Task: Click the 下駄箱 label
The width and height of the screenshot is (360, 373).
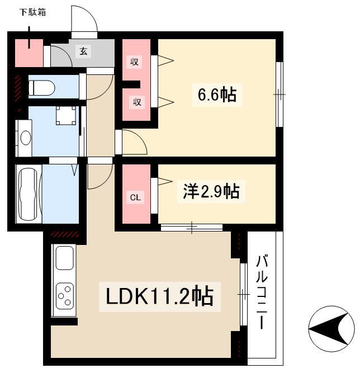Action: pos(32,12)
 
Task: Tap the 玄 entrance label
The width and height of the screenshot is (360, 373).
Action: pos(83,51)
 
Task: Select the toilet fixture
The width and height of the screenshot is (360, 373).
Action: pos(41,88)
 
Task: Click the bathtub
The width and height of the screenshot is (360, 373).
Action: pos(29,194)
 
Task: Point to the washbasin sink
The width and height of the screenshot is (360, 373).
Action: pos(26,138)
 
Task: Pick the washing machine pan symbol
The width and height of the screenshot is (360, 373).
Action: pos(66,115)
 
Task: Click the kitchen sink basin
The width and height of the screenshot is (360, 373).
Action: pos(64,258)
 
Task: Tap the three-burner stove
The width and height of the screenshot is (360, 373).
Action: pos(64,296)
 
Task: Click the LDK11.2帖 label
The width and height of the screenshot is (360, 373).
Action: pos(159,296)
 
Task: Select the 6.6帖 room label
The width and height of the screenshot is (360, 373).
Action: pos(217,95)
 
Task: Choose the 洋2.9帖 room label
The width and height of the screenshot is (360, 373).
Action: pos(211,191)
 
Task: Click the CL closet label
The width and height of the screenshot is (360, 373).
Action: pos(135,197)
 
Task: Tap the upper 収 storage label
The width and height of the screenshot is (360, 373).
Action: pos(134,62)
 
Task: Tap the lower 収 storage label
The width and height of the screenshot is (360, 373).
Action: pos(137,102)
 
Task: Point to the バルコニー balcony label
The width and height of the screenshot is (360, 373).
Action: pos(262,292)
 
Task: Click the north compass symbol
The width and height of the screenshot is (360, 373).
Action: pos(331,329)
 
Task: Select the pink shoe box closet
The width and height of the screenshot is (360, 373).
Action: pos(29,53)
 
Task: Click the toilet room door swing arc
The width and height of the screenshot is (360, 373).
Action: pos(106,92)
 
